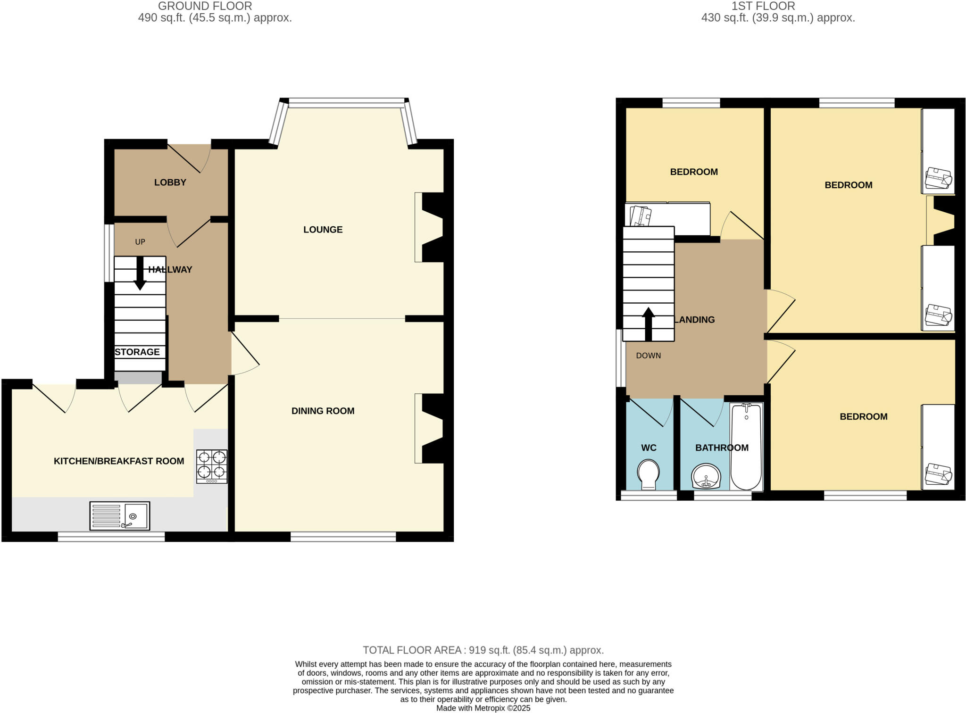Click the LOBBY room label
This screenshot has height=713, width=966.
tap(170, 182)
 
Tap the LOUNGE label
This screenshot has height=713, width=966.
tap(323, 230)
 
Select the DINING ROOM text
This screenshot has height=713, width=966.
tap(323, 411)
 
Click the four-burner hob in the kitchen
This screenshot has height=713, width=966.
tap(212, 466)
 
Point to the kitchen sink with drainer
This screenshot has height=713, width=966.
tap(120, 516)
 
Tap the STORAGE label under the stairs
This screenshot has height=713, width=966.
tap(137, 352)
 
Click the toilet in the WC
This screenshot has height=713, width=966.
tap(648, 474)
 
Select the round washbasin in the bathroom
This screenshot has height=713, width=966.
tap(706, 476)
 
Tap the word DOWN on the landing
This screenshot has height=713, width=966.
tap(648, 356)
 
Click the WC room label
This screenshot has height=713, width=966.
tap(649, 448)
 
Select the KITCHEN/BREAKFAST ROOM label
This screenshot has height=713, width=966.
tap(119, 461)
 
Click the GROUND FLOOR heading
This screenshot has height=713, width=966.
tap(205, 6)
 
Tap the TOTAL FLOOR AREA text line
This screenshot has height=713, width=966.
tap(483, 650)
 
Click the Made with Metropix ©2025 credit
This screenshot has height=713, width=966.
tap(483, 708)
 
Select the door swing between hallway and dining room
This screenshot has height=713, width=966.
tap(244, 355)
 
